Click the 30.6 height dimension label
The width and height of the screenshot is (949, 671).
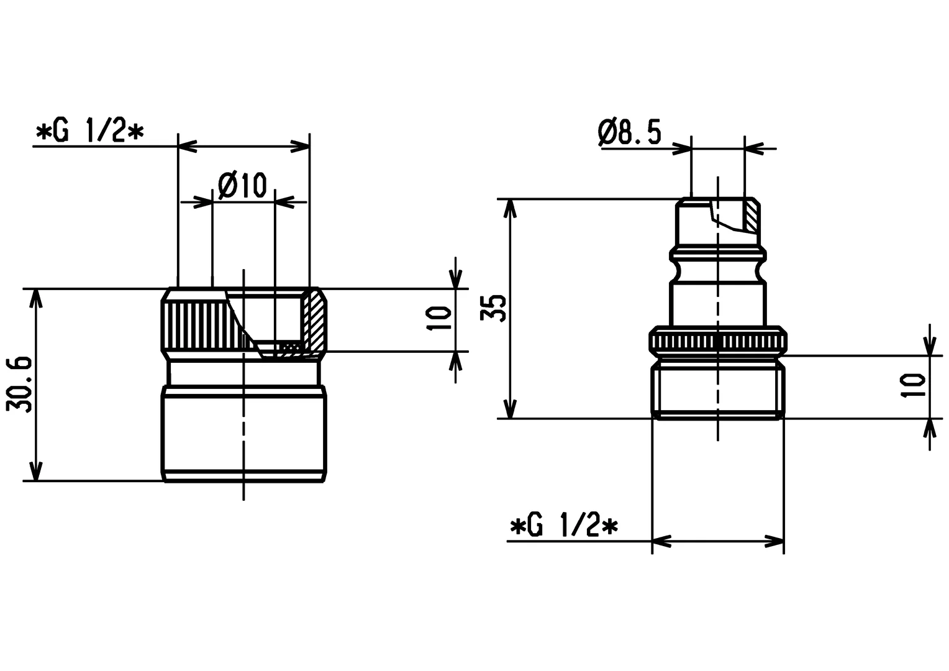coord(19,385)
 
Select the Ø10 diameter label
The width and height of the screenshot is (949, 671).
coord(243,186)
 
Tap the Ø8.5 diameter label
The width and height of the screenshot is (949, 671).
coord(630,132)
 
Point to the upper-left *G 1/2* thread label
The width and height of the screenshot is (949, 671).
coord(90,132)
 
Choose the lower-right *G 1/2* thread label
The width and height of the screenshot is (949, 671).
coord(564,527)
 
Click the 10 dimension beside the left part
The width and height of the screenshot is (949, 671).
coord(440,319)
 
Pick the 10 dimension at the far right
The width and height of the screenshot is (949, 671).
coord(914,386)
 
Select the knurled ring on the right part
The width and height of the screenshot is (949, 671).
coord(717,340)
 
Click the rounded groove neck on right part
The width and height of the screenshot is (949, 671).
coord(717,270)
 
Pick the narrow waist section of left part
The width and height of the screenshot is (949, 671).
coord(243,372)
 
